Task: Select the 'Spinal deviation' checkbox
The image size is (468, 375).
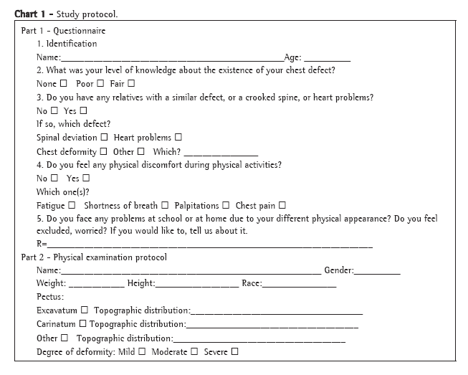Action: [105, 137]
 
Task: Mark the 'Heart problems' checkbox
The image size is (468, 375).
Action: [178, 137]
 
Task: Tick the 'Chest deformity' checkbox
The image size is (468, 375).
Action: [104, 151]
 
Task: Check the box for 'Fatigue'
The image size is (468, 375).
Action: [72, 205]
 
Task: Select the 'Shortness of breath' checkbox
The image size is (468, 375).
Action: [165, 205]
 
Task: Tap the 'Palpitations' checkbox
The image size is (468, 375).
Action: [226, 205]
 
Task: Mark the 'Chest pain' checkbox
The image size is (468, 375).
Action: [281, 205]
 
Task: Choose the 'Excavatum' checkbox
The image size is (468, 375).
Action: [85, 310]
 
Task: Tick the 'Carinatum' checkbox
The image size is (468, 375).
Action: [82, 324]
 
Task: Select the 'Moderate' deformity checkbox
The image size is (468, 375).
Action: [194, 351]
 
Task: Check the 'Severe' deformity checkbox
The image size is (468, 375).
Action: [234, 351]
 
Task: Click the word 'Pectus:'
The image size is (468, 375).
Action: [50, 297]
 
